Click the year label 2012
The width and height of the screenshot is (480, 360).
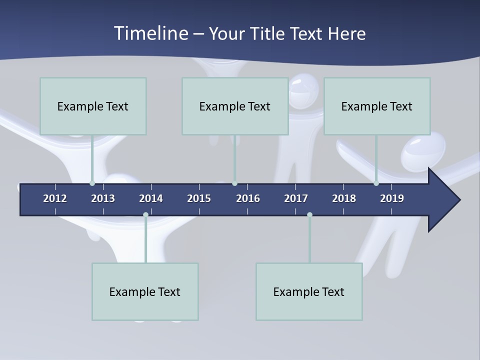[55, 198]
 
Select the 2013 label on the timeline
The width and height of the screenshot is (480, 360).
[103, 198]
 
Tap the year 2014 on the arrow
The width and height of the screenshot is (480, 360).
[151, 198]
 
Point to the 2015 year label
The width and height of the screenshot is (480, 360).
[199, 198]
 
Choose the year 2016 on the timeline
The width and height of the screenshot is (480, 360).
[248, 198]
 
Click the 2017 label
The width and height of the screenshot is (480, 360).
[296, 198]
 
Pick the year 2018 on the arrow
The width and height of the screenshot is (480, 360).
[344, 198]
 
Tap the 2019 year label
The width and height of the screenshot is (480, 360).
[392, 198]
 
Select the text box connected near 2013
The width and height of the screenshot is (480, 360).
[93, 106]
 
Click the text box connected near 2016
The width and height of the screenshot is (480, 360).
[235, 106]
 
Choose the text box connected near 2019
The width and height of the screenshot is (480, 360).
[377, 106]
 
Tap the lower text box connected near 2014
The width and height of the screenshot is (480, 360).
[145, 291]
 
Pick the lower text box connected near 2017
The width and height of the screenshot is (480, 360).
[309, 291]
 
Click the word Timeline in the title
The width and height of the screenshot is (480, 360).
[150, 33]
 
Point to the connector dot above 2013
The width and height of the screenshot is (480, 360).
[92, 183]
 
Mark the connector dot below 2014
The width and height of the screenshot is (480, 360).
[145, 215]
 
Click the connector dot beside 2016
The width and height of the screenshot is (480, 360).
[234, 183]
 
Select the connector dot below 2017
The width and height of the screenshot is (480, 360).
[309, 215]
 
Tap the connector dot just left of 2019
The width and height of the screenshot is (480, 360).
[376, 183]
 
